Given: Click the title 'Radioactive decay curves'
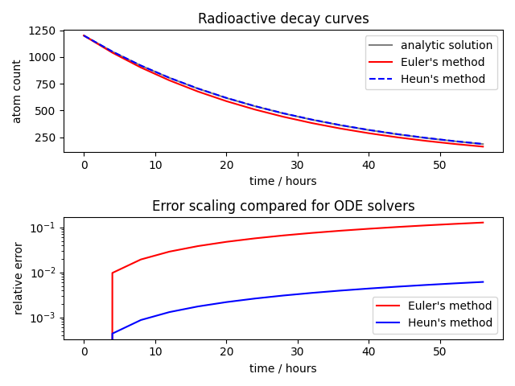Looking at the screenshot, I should click(x=283, y=18).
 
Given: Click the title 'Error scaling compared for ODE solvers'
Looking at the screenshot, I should click(x=283, y=207).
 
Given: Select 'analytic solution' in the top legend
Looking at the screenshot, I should click(x=447, y=45).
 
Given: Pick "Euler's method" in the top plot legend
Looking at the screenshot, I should click(x=443, y=62).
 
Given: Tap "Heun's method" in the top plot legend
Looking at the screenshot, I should click(x=443, y=79).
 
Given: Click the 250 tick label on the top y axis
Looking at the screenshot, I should click(x=45, y=138).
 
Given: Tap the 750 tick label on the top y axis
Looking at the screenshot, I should click(x=45, y=84).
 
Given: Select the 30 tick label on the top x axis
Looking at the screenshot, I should click(x=297, y=166).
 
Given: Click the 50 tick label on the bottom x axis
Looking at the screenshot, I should click(x=439, y=353).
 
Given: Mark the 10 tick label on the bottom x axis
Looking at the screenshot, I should click(x=154, y=353).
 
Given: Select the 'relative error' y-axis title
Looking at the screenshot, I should click(x=18, y=278).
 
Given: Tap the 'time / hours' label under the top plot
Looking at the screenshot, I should click(x=283, y=181).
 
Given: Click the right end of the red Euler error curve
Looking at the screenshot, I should click(x=483, y=223).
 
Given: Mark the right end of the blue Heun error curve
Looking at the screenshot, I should click(x=483, y=282).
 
